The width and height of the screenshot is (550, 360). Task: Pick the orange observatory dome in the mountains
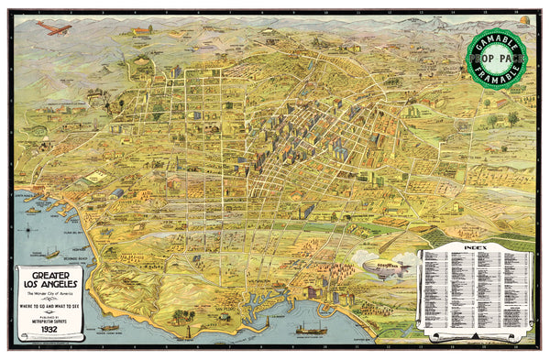522,19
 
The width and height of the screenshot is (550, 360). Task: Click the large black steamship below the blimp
313,327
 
